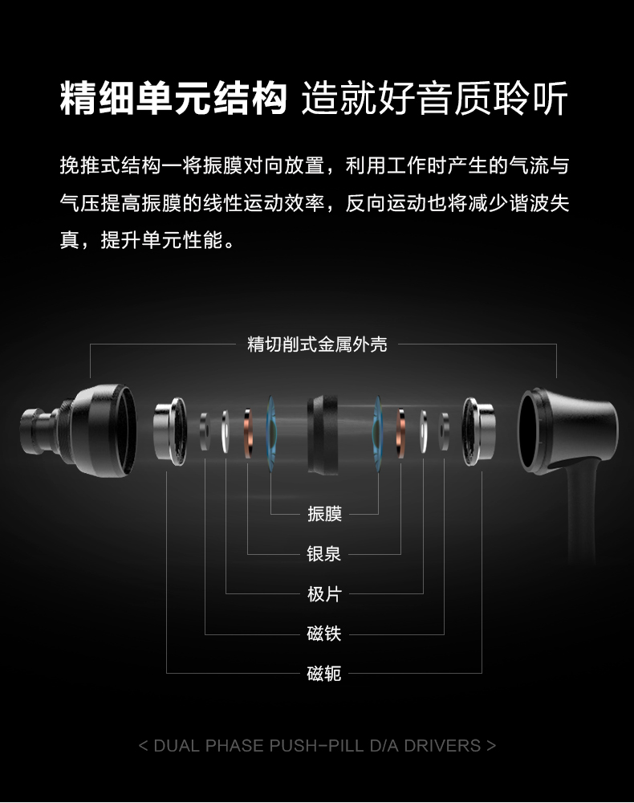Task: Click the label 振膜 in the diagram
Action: tap(324, 514)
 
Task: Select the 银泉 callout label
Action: tap(324, 553)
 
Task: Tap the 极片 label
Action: tap(324, 594)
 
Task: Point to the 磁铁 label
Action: tap(324, 634)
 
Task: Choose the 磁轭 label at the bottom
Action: tap(324, 674)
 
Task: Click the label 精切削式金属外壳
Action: tap(317, 344)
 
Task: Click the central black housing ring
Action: tap(323, 434)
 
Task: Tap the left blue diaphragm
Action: tap(272, 434)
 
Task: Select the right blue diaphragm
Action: tap(378, 434)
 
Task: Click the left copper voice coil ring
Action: tap(248, 434)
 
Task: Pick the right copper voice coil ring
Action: tap(400, 434)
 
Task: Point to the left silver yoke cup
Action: tap(170, 431)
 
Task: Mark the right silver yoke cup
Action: tap(478, 431)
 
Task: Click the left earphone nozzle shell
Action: tap(79, 430)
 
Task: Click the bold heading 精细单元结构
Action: tap(173, 98)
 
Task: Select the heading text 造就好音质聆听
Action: tap(435, 98)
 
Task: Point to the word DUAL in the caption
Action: tap(177, 746)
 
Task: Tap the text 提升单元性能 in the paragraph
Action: tap(162, 239)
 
